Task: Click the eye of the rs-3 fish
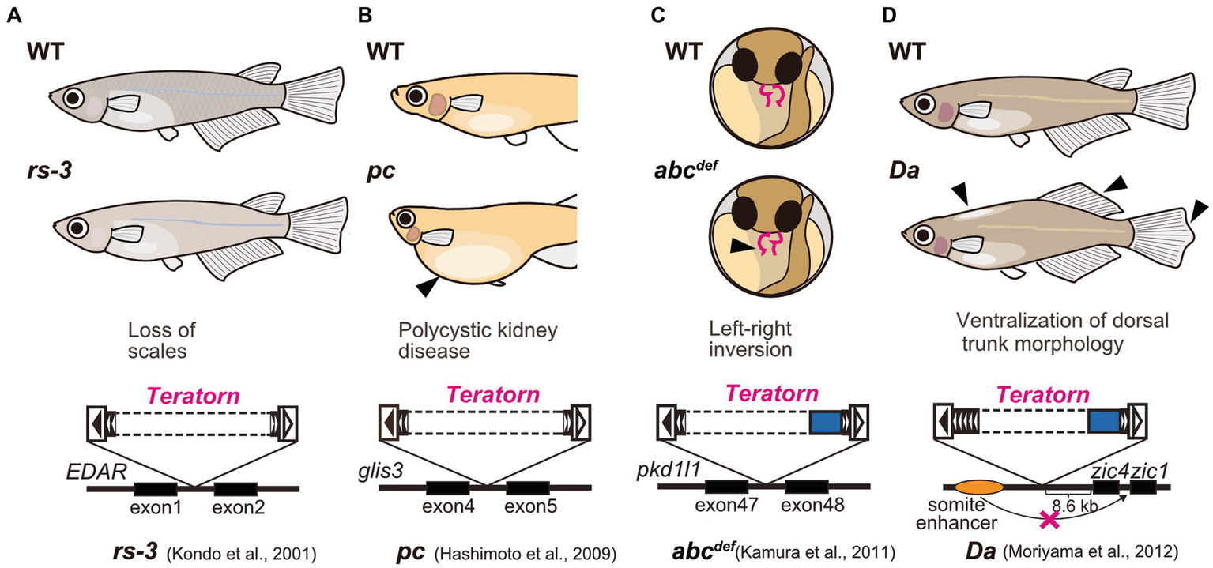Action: pyautogui.click(x=77, y=228)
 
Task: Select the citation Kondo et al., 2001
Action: pyautogui.click(x=243, y=551)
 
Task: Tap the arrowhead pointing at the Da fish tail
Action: pyautogui.click(x=1199, y=210)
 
